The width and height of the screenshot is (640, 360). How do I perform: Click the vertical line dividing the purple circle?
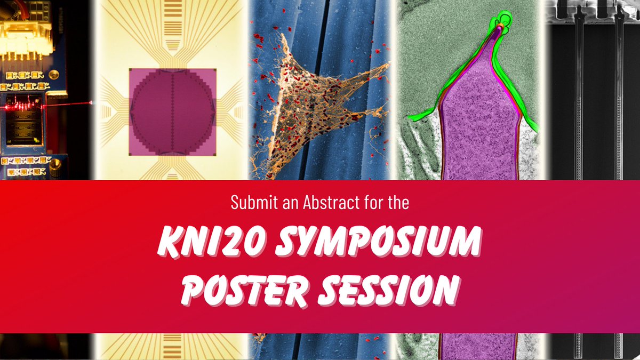(x=172, y=115)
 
